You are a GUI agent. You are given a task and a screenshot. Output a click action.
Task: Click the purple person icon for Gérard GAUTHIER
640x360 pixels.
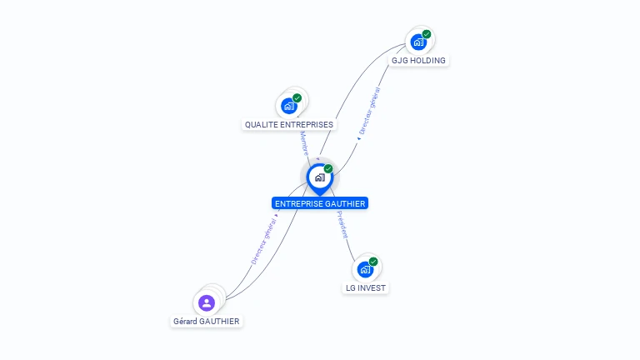click(x=207, y=302)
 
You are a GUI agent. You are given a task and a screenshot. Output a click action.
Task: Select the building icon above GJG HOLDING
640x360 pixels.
click(x=417, y=42)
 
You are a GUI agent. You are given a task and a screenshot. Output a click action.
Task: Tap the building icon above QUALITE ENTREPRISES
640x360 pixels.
click(x=288, y=106)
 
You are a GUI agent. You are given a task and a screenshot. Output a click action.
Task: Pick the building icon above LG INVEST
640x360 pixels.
click(x=365, y=269)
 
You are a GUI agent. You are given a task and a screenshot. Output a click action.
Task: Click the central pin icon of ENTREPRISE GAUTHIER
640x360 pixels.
click(x=318, y=177)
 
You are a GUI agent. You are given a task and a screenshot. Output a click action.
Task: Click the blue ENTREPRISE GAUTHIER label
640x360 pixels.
click(x=320, y=203)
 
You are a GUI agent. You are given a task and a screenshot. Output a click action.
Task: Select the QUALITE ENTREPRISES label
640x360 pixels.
click(x=288, y=125)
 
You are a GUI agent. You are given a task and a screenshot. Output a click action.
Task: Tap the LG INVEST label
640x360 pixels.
click(x=366, y=288)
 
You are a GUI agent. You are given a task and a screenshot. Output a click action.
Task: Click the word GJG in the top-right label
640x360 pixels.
click(x=400, y=61)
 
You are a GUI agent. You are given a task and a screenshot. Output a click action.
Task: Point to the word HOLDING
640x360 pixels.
click(x=427, y=61)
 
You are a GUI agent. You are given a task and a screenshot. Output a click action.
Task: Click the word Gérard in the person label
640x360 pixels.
click(x=187, y=322)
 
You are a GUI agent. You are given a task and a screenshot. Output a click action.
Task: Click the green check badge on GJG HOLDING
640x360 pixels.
click(x=427, y=34)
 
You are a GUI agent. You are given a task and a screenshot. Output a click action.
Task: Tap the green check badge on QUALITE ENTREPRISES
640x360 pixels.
click(x=297, y=97)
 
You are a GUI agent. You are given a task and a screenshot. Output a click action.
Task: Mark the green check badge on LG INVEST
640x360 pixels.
click(x=373, y=262)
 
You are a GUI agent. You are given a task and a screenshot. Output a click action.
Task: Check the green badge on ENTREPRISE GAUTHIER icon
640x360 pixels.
click(x=328, y=168)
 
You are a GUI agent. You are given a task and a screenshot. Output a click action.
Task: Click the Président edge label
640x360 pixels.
click(x=342, y=225)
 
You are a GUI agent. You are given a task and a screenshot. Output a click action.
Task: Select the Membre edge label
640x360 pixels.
click(x=303, y=143)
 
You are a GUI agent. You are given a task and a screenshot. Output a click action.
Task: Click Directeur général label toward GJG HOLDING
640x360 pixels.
click(x=368, y=112)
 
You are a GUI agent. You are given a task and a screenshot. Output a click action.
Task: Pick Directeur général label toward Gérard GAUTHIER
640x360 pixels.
click(x=264, y=241)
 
